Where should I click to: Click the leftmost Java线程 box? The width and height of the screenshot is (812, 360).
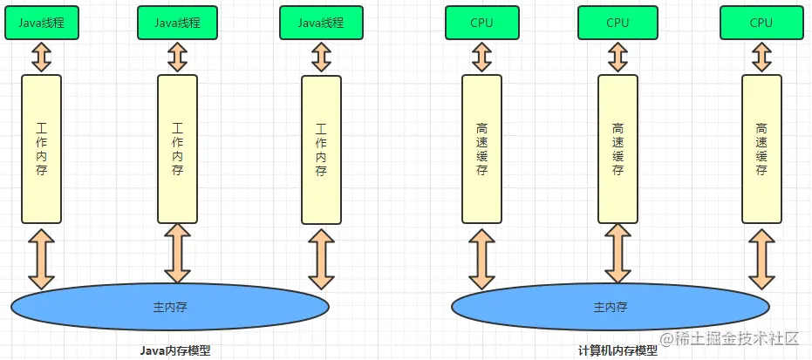point(42,23)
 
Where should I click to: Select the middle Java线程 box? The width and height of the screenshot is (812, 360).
point(177,23)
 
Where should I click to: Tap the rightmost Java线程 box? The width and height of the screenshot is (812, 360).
point(321,23)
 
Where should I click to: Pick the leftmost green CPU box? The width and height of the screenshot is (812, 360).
point(481,23)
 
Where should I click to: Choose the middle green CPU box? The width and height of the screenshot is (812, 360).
point(618,23)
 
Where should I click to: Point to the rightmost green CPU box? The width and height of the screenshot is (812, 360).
point(761,23)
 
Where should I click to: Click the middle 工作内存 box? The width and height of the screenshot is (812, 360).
point(177,149)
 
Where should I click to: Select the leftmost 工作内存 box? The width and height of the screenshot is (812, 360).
point(42,149)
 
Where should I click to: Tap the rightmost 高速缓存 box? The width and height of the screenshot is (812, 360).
point(761,149)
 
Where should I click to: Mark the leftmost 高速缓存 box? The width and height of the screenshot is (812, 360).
point(481,149)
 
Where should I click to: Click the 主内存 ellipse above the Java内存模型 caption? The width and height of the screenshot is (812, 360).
point(170,307)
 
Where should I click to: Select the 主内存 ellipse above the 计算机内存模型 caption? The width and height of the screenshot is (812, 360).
point(610,307)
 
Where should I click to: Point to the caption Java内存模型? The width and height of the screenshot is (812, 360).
point(175,350)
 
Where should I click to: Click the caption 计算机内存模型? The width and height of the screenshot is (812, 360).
point(618,350)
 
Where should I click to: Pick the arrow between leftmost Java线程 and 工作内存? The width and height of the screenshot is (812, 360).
point(42,57)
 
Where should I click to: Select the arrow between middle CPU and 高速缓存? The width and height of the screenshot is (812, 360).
point(618,57)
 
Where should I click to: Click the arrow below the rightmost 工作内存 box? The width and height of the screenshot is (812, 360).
point(321,259)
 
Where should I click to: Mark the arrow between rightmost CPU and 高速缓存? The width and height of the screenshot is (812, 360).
point(761,57)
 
